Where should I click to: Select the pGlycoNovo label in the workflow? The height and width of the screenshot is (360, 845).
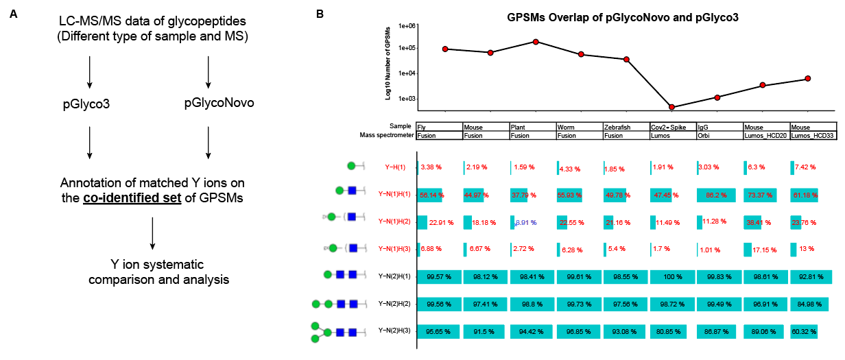tap(219, 103)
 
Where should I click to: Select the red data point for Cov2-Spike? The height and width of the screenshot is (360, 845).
tap(671, 107)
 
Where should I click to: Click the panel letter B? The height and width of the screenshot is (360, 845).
tap(320, 13)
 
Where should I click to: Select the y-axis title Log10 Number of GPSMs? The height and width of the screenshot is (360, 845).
tap(388, 62)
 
